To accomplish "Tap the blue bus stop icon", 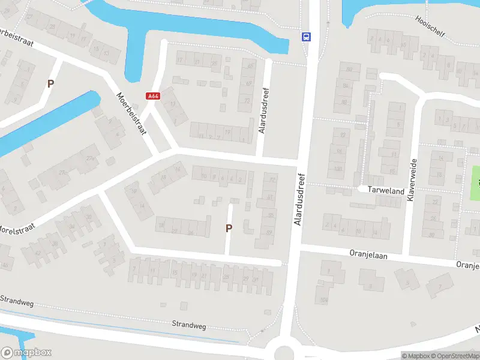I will pyautogui.click(x=306, y=37).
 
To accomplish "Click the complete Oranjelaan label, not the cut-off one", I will pyautogui.click(x=369, y=254).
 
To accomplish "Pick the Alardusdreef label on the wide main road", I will pyautogui.click(x=300, y=200).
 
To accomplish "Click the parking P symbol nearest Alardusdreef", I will pyautogui.click(x=229, y=228).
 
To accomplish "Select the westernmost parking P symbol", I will pyautogui.click(x=51, y=84).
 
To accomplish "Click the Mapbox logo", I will pyautogui.click(x=26, y=353).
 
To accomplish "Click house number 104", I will pyautogui.click(x=325, y=299).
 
